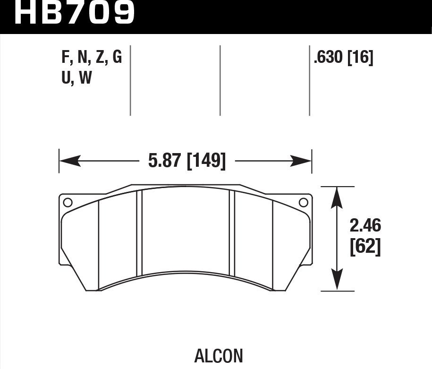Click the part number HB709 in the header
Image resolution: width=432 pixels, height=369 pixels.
click(x=75, y=13)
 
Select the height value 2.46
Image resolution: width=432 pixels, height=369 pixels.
click(x=365, y=226)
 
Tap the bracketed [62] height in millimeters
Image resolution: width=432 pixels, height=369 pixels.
click(x=365, y=248)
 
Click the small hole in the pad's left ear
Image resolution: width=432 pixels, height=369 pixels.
click(x=67, y=203)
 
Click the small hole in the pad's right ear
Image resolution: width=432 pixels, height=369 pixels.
click(x=304, y=203)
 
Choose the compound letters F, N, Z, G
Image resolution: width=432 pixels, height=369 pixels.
click(x=92, y=58)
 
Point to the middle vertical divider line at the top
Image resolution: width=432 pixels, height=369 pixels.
click(x=220, y=80)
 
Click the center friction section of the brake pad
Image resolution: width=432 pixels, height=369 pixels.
click(x=185, y=232)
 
